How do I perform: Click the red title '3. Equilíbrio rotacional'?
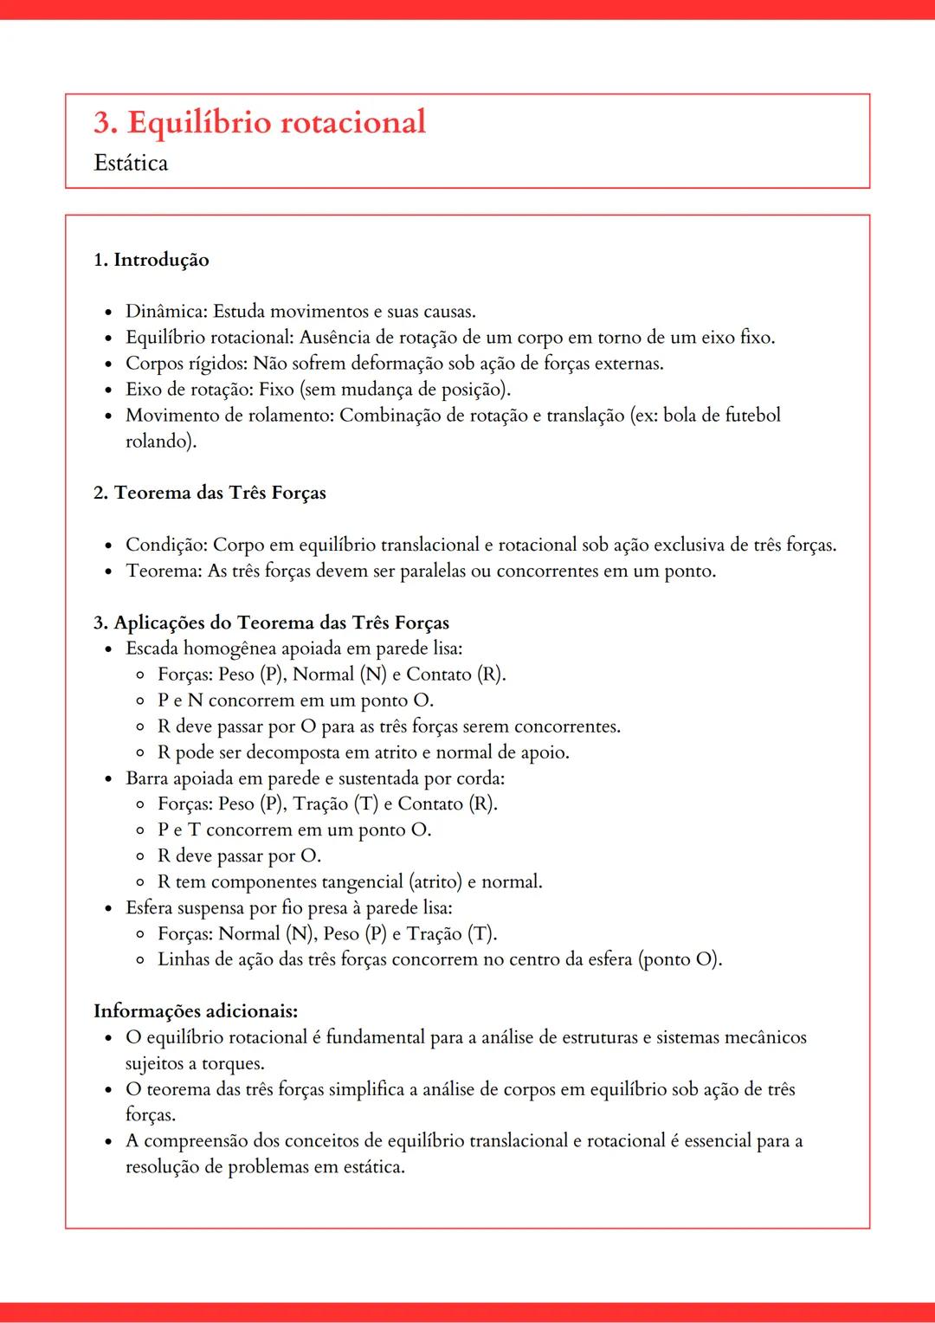[260, 123]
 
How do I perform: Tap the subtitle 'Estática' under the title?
[131, 163]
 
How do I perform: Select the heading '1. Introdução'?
[152, 260]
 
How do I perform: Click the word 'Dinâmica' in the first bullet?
[165, 312]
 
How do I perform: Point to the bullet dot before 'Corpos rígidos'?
[108, 365]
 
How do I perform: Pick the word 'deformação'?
[396, 364]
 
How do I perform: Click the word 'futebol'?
[751, 416]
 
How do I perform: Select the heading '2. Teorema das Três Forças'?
[210, 493]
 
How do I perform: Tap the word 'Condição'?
[165, 545]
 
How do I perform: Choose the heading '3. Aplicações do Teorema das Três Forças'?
[271, 623]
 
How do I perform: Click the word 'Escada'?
[152, 649]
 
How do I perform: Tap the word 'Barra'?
[146, 778]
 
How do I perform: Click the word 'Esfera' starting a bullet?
[149, 908]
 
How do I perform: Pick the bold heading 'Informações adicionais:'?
[196, 1011]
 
